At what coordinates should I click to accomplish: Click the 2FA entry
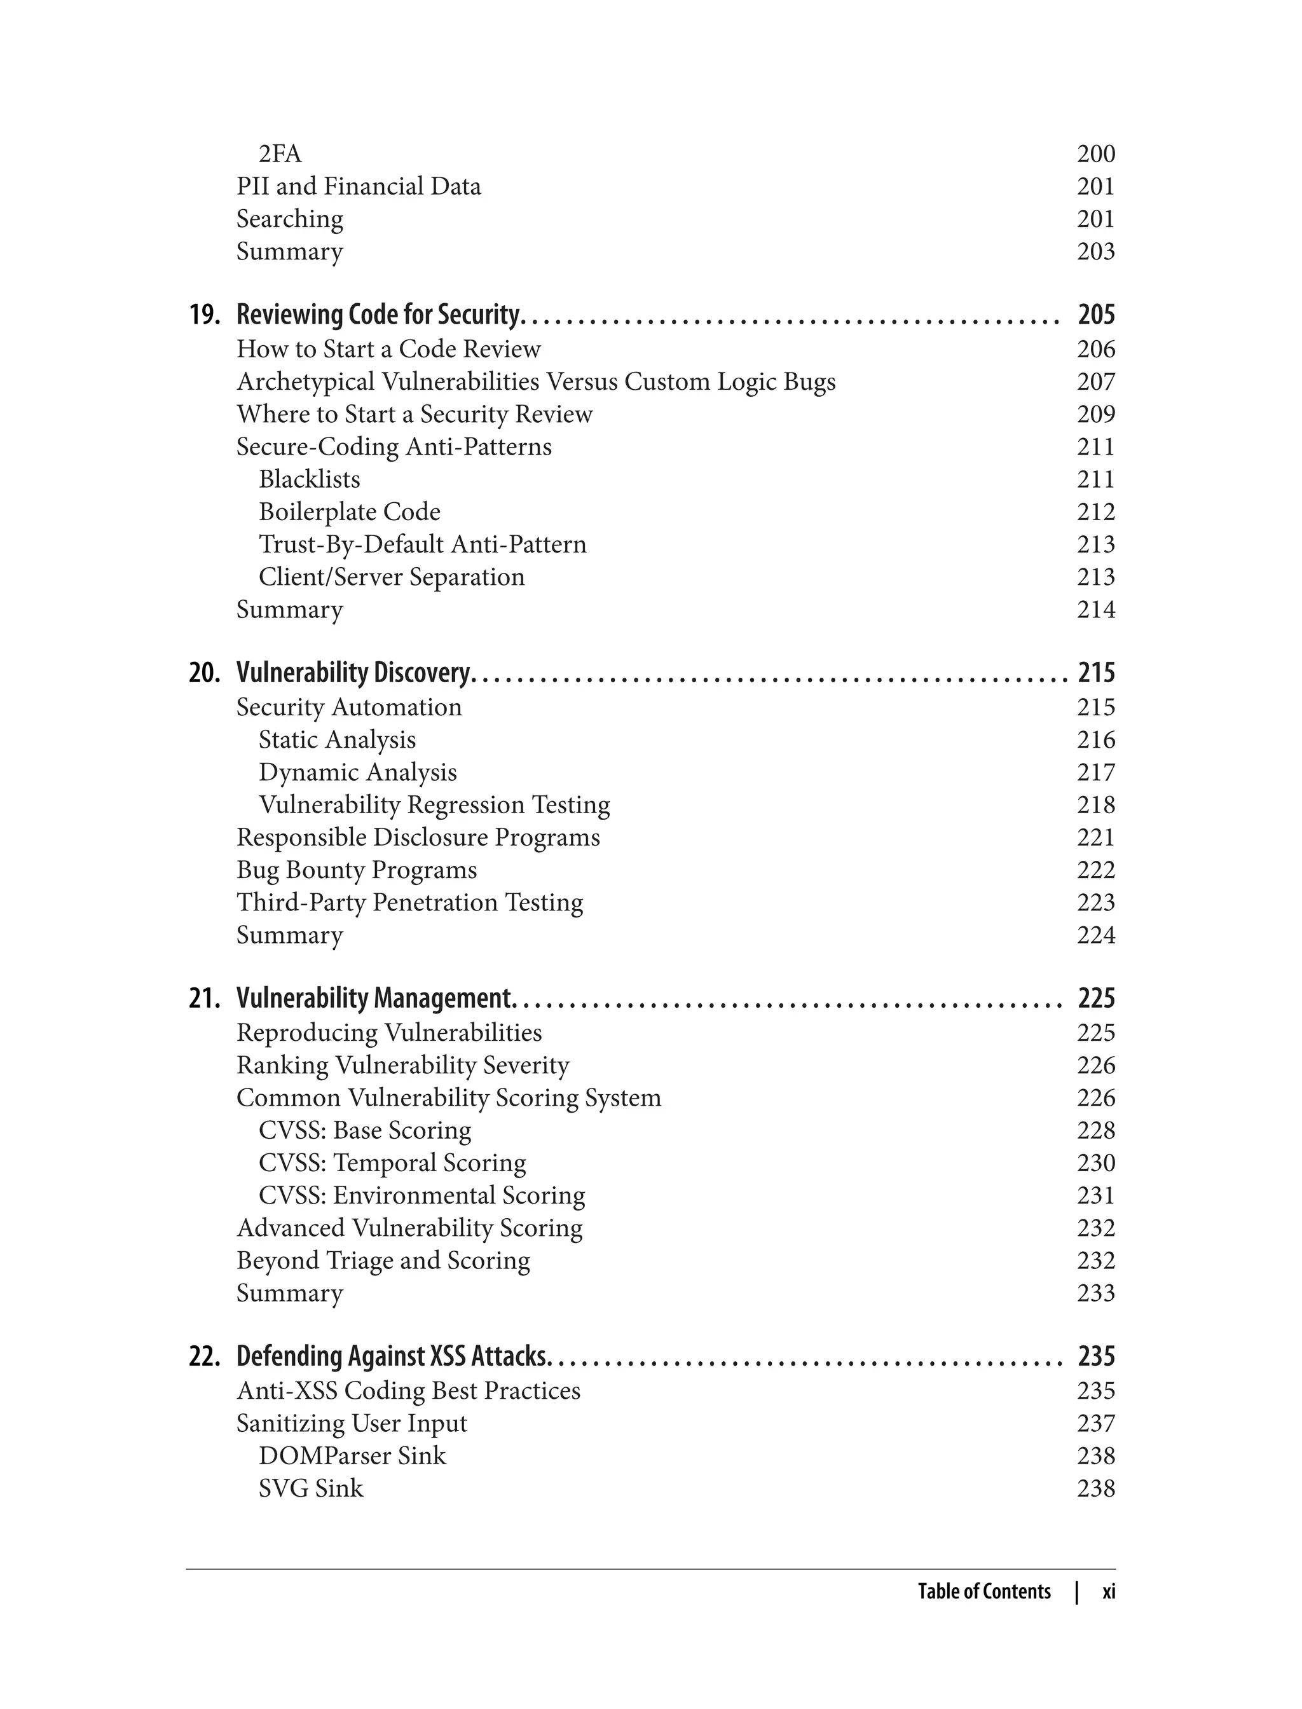(x=280, y=154)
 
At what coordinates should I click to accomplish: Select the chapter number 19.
(x=205, y=315)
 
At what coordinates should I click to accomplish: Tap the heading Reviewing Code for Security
(x=378, y=315)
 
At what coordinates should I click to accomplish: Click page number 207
(x=1095, y=382)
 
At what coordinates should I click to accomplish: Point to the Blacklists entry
(x=309, y=480)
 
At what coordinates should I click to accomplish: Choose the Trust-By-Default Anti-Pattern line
(x=422, y=545)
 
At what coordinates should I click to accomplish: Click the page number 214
(x=1095, y=610)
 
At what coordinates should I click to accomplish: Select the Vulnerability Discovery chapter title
(x=353, y=673)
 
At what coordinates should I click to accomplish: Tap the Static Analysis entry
(x=337, y=740)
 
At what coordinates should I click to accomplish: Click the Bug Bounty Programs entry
(x=357, y=870)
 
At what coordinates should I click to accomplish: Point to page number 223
(x=1095, y=903)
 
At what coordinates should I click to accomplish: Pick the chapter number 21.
(x=205, y=998)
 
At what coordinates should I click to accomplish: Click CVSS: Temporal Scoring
(x=392, y=1163)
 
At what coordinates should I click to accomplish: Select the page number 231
(x=1095, y=1196)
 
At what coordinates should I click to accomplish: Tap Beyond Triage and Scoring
(x=383, y=1261)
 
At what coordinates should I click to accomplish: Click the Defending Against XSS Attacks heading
(x=392, y=1356)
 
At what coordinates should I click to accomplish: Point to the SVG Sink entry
(x=311, y=1489)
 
